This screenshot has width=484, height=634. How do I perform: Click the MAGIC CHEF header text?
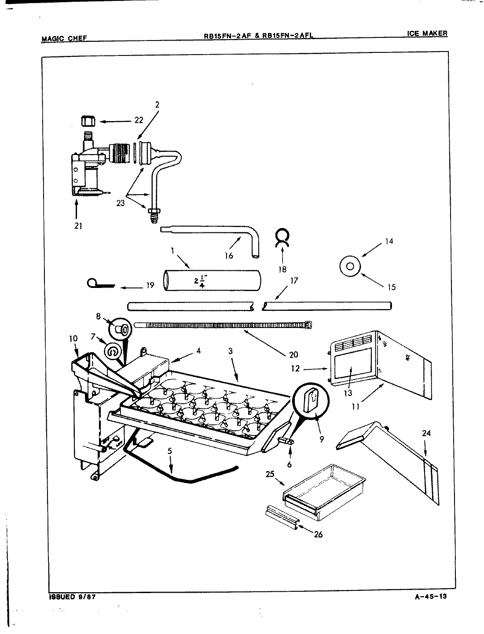pyautogui.click(x=63, y=39)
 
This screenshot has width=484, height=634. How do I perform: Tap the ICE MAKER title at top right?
pyautogui.click(x=427, y=33)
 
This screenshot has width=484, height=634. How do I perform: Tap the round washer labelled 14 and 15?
pyautogui.click(x=350, y=266)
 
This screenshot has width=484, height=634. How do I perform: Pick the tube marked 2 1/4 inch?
pyautogui.click(x=211, y=281)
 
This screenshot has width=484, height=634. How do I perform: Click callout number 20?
pyautogui.click(x=293, y=354)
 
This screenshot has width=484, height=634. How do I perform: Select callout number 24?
pyautogui.click(x=426, y=433)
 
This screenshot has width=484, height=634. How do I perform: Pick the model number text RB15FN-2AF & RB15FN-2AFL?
pyautogui.click(x=258, y=37)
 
